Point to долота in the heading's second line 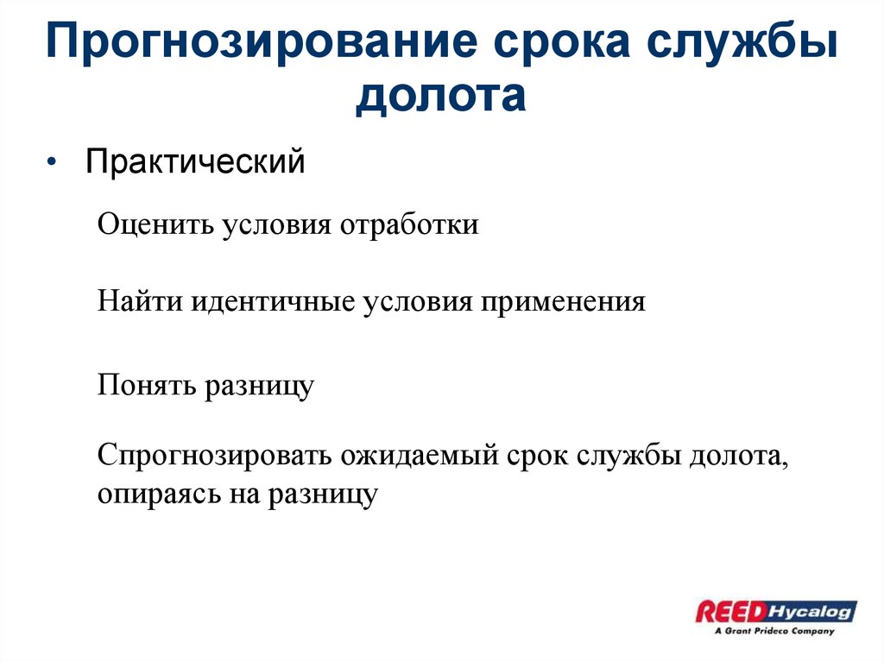441,95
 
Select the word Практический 195,161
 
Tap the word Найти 139,303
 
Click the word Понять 146,384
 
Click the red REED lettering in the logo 730,612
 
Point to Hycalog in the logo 811,611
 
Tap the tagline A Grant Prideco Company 774,631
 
